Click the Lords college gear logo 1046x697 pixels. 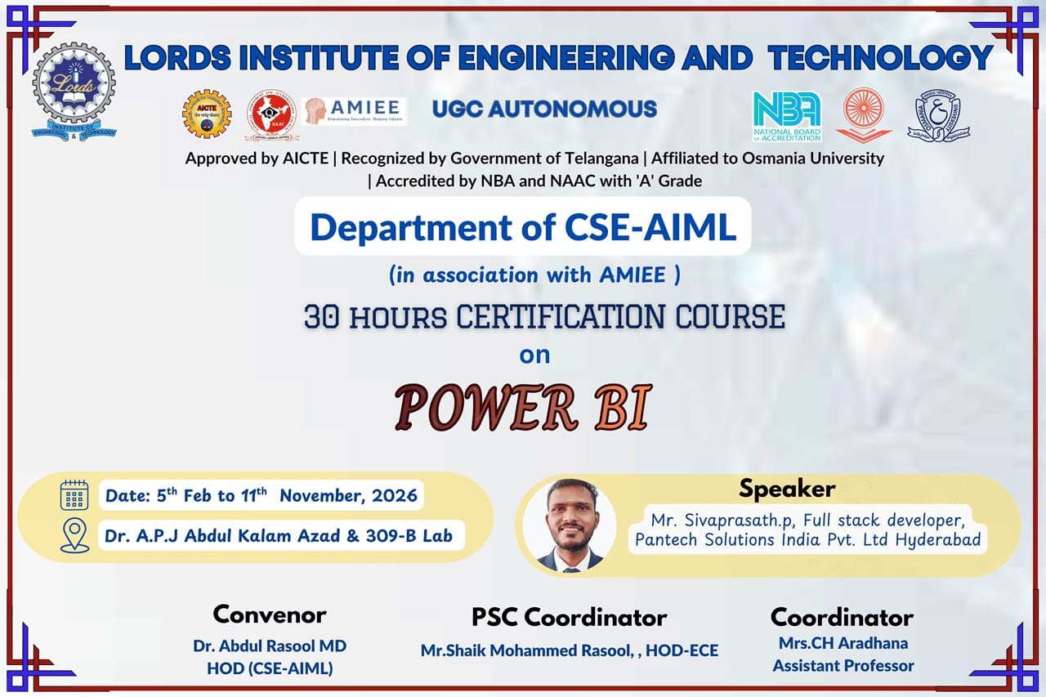point(74,92)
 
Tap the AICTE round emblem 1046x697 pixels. point(207,114)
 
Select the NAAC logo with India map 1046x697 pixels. point(272,115)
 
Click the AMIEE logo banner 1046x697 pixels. point(354,111)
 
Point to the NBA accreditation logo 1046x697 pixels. point(787,116)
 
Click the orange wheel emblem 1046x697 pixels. point(864,115)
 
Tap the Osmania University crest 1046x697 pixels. point(938,115)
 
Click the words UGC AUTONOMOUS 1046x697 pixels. point(544,109)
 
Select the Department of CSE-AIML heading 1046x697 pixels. point(523,227)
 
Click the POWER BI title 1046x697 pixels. point(523,407)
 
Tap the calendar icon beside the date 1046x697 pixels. point(74,495)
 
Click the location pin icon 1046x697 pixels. point(74,535)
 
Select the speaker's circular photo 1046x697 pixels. point(570,525)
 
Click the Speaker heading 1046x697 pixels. point(787,489)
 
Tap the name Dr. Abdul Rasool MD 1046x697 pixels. point(270,646)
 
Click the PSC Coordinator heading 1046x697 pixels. point(570,617)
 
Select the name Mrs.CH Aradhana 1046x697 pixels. point(843,643)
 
